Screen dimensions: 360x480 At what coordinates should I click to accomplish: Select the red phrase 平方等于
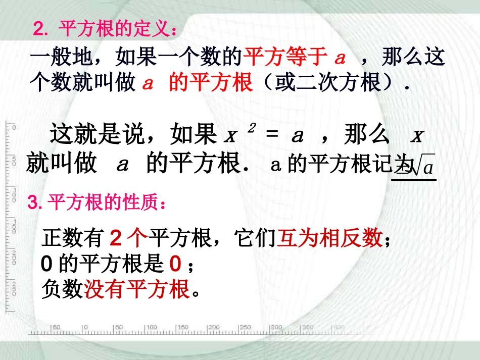285,58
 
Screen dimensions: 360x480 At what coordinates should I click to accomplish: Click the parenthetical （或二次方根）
330,82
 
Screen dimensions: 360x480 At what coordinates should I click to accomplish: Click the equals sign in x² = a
272,136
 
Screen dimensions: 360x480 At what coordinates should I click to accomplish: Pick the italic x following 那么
417,136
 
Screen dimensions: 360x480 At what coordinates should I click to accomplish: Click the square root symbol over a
423,165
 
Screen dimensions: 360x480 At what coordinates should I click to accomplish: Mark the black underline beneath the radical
414,178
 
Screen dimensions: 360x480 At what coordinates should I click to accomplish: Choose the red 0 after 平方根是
175,264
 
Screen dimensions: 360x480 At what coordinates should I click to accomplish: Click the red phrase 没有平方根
136,289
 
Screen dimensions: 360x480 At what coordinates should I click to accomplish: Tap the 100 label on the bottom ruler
152,327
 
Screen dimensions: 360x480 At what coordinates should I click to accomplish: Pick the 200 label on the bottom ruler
214,327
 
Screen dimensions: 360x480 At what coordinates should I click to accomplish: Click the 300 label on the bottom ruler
276,327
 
